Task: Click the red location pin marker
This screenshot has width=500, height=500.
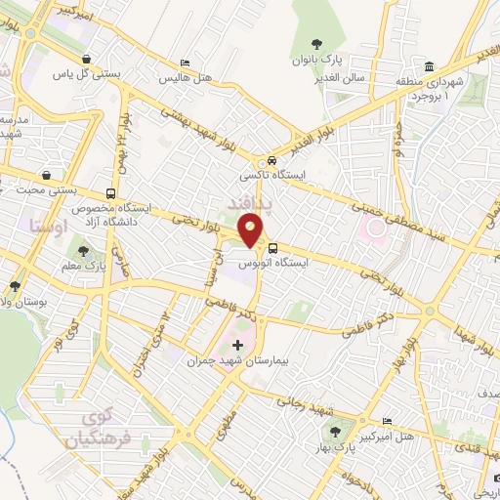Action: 252,231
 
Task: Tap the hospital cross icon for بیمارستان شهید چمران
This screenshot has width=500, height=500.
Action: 238,346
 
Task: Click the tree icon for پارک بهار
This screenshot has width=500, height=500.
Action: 336,431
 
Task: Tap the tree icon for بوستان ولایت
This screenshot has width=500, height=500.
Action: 15,286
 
